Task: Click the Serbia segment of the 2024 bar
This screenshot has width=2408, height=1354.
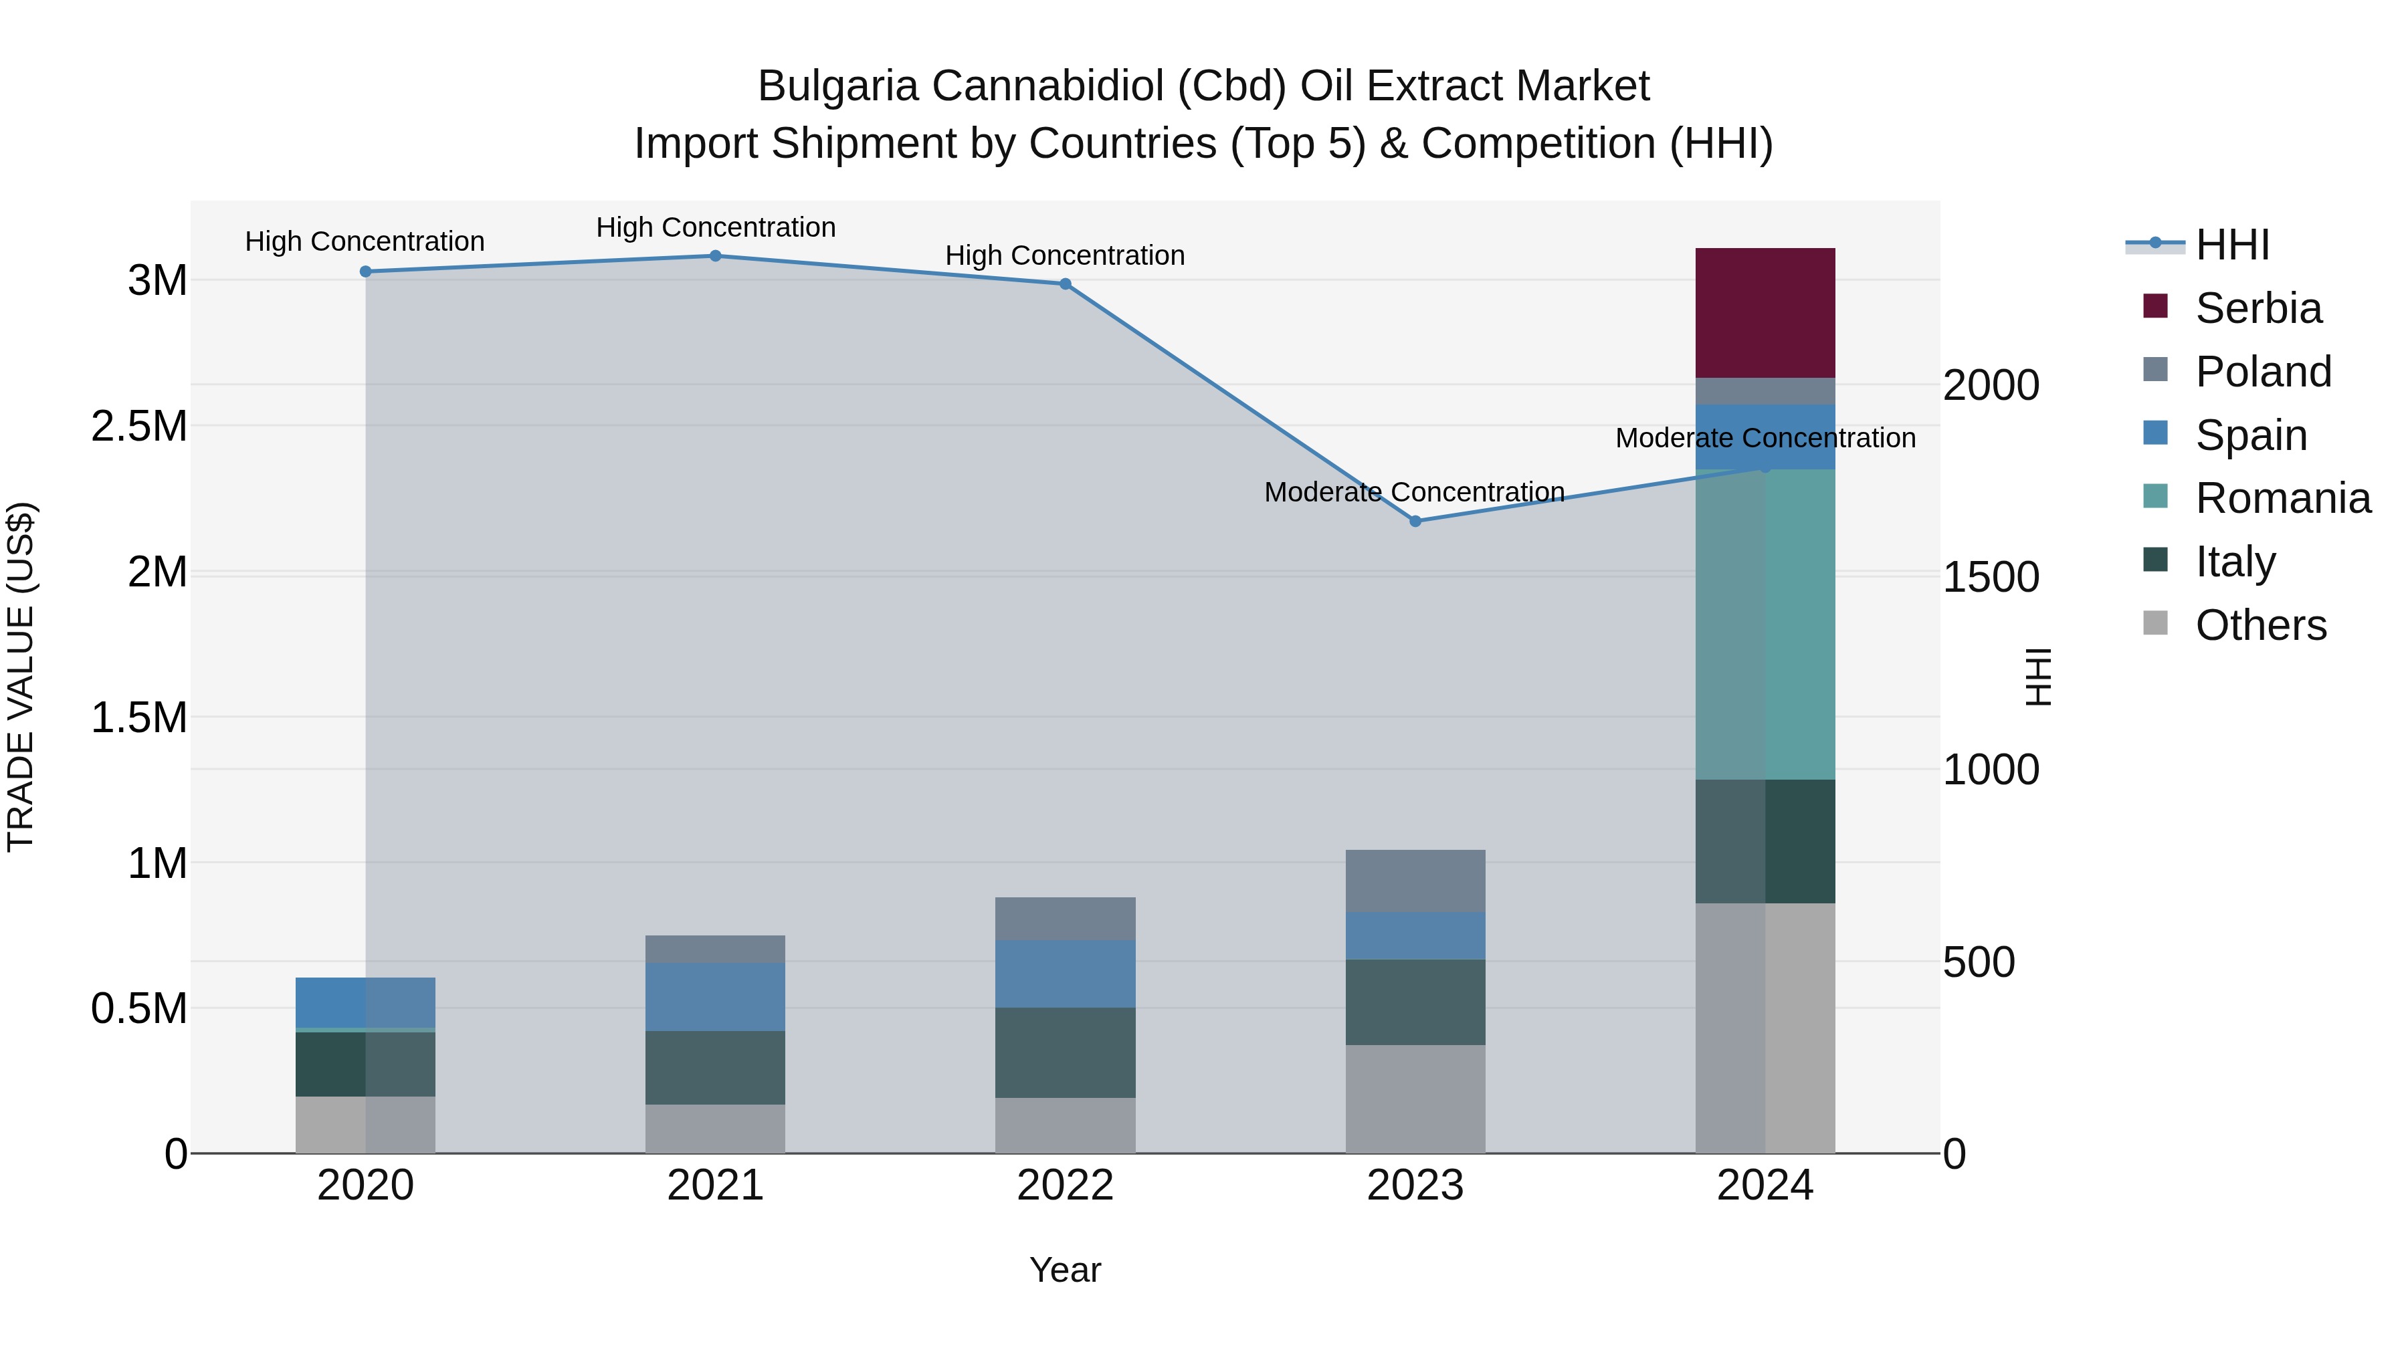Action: pos(1765,312)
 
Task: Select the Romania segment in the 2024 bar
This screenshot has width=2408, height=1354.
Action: pos(1765,625)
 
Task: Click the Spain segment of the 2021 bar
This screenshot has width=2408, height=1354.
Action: pos(715,996)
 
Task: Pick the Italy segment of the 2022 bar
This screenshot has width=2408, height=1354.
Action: pos(1065,1052)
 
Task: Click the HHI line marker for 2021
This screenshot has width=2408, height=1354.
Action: pos(715,256)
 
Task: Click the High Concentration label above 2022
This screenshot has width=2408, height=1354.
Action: pos(1065,255)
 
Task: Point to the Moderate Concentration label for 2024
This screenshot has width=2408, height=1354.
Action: pos(1765,437)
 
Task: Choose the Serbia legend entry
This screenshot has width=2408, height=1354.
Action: pos(2257,308)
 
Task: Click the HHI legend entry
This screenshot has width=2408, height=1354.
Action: pos(2231,245)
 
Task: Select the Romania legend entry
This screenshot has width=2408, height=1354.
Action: pos(2282,498)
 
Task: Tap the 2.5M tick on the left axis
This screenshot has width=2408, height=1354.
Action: pos(139,426)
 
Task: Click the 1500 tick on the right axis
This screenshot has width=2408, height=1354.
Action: pos(1990,578)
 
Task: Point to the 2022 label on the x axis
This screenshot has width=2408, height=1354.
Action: pos(1065,1186)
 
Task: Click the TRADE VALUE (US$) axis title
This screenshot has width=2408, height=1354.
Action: pos(21,677)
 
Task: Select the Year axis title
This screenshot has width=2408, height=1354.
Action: pos(1065,1270)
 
